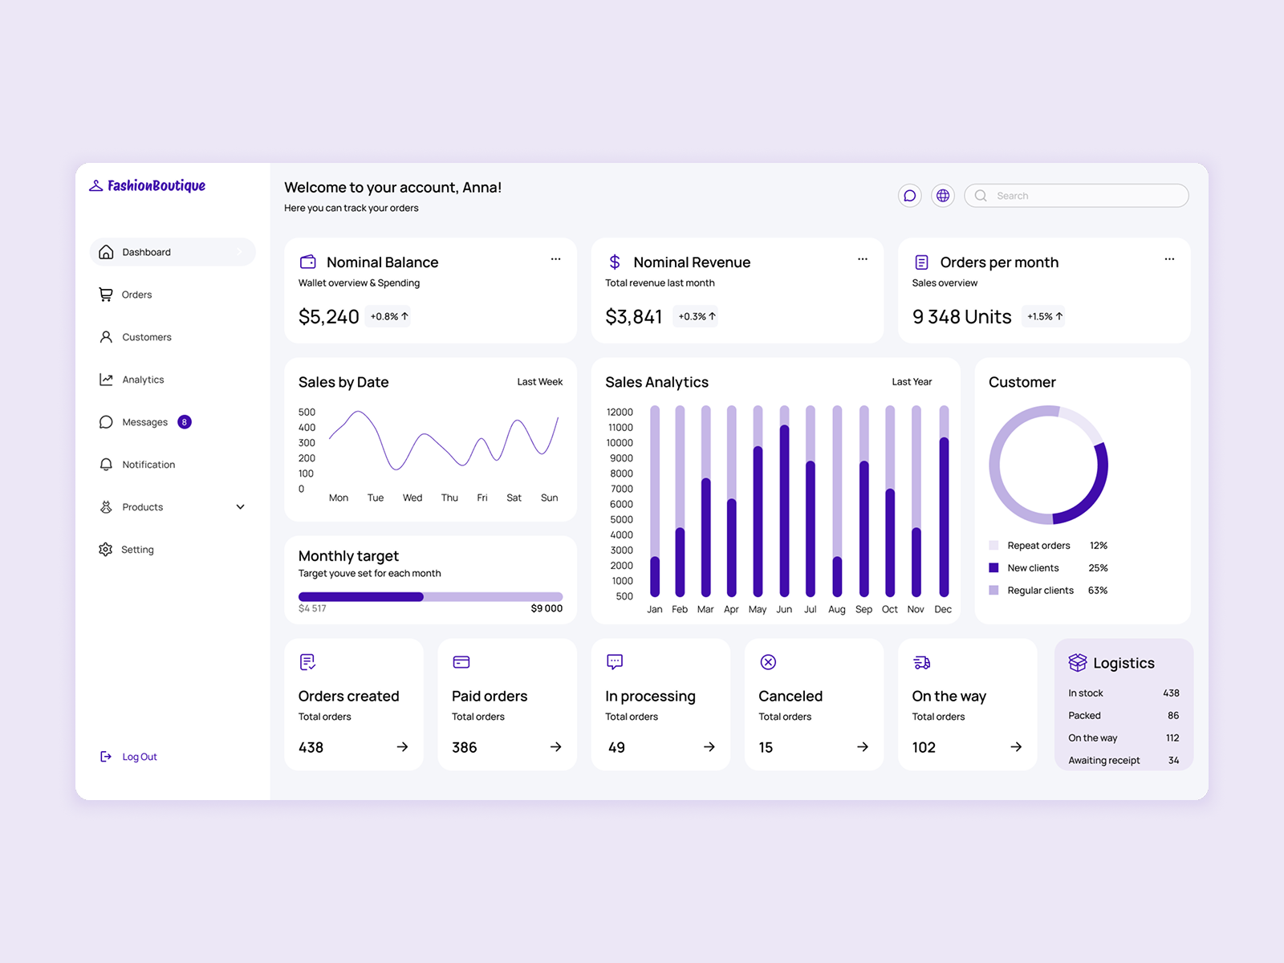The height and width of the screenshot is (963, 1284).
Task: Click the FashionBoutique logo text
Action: click(x=156, y=185)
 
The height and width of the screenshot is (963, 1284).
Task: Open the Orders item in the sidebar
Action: click(x=136, y=295)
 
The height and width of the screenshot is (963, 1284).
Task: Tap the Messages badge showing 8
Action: click(x=185, y=422)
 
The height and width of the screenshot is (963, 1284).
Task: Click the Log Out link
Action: click(x=139, y=757)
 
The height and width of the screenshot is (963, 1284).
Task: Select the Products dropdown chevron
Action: click(x=240, y=507)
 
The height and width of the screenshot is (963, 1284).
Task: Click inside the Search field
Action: click(x=1083, y=196)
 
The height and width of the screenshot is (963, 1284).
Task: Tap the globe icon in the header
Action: click(x=943, y=196)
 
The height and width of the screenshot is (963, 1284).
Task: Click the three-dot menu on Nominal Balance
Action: click(x=555, y=259)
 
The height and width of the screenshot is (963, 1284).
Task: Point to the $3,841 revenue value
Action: click(x=634, y=317)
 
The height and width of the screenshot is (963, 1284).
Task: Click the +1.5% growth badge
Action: click(x=1044, y=317)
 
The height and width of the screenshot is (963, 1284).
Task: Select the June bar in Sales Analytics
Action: click(x=784, y=510)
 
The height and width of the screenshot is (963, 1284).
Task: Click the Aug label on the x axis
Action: click(x=836, y=610)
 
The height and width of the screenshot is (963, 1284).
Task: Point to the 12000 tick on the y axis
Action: click(x=620, y=412)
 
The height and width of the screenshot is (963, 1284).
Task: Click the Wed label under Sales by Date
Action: click(x=412, y=498)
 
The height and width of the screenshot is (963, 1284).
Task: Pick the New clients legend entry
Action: click(x=1033, y=568)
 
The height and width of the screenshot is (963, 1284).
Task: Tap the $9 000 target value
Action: click(x=547, y=609)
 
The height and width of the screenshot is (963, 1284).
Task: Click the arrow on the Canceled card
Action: click(x=863, y=747)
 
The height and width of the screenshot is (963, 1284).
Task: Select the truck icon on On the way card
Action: click(x=922, y=662)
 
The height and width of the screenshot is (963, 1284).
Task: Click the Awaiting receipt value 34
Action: click(x=1173, y=761)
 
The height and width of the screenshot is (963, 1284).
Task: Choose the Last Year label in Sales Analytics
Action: click(x=912, y=382)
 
